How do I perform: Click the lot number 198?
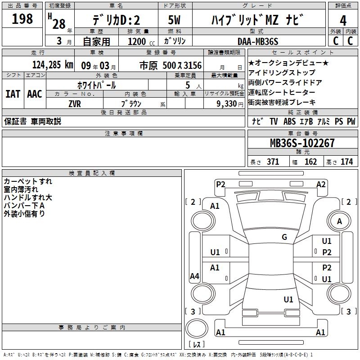(x=22, y=19)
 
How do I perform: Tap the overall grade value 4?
(x=343, y=21)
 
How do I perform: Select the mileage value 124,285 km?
(x=53, y=65)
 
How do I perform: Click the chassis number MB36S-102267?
(x=302, y=143)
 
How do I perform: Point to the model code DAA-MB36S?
(x=258, y=41)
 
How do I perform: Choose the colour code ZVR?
(x=75, y=103)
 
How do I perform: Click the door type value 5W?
(x=175, y=20)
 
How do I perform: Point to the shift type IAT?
(x=13, y=94)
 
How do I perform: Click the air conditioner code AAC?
(x=35, y=94)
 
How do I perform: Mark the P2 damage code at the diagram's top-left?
(x=220, y=184)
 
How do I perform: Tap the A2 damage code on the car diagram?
(x=321, y=184)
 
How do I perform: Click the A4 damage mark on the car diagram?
(x=194, y=276)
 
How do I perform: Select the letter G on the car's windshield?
(x=284, y=237)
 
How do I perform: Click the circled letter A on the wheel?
(x=340, y=221)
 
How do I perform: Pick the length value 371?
(x=273, y=162)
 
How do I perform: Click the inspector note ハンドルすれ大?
(x=28, y=198)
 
